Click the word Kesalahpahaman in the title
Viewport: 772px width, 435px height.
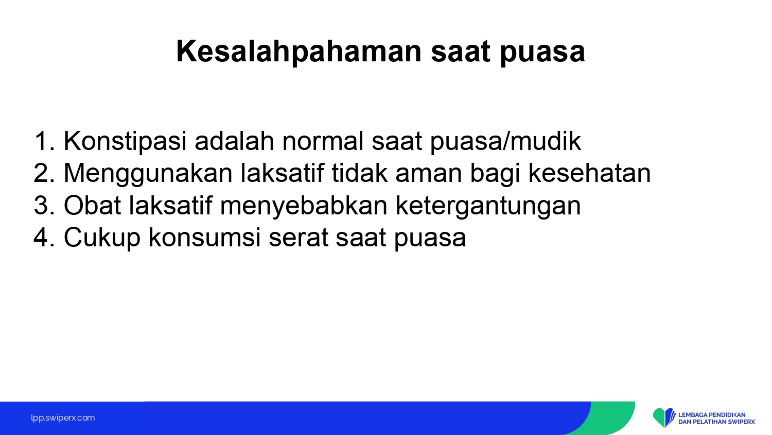click(x=299, y=52)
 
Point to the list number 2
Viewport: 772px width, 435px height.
click(x=44, y=173)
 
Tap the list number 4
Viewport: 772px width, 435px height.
click(x=44, y=238)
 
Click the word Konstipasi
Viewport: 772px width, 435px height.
click(x=125, y=142)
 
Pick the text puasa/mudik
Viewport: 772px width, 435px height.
click(x=505, y=142)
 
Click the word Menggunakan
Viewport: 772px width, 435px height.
click(x=148, y=174)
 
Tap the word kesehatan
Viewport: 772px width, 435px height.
click(x=590, y=173)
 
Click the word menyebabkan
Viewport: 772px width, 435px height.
click(x=304, y=206)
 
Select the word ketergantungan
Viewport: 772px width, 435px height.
click(x=488, y=206)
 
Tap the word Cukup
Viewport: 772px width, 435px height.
click(x=102, y=238)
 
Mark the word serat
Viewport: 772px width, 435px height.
click(x=299, y=239)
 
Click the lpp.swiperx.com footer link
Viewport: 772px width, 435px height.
click(x=63, y=418)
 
